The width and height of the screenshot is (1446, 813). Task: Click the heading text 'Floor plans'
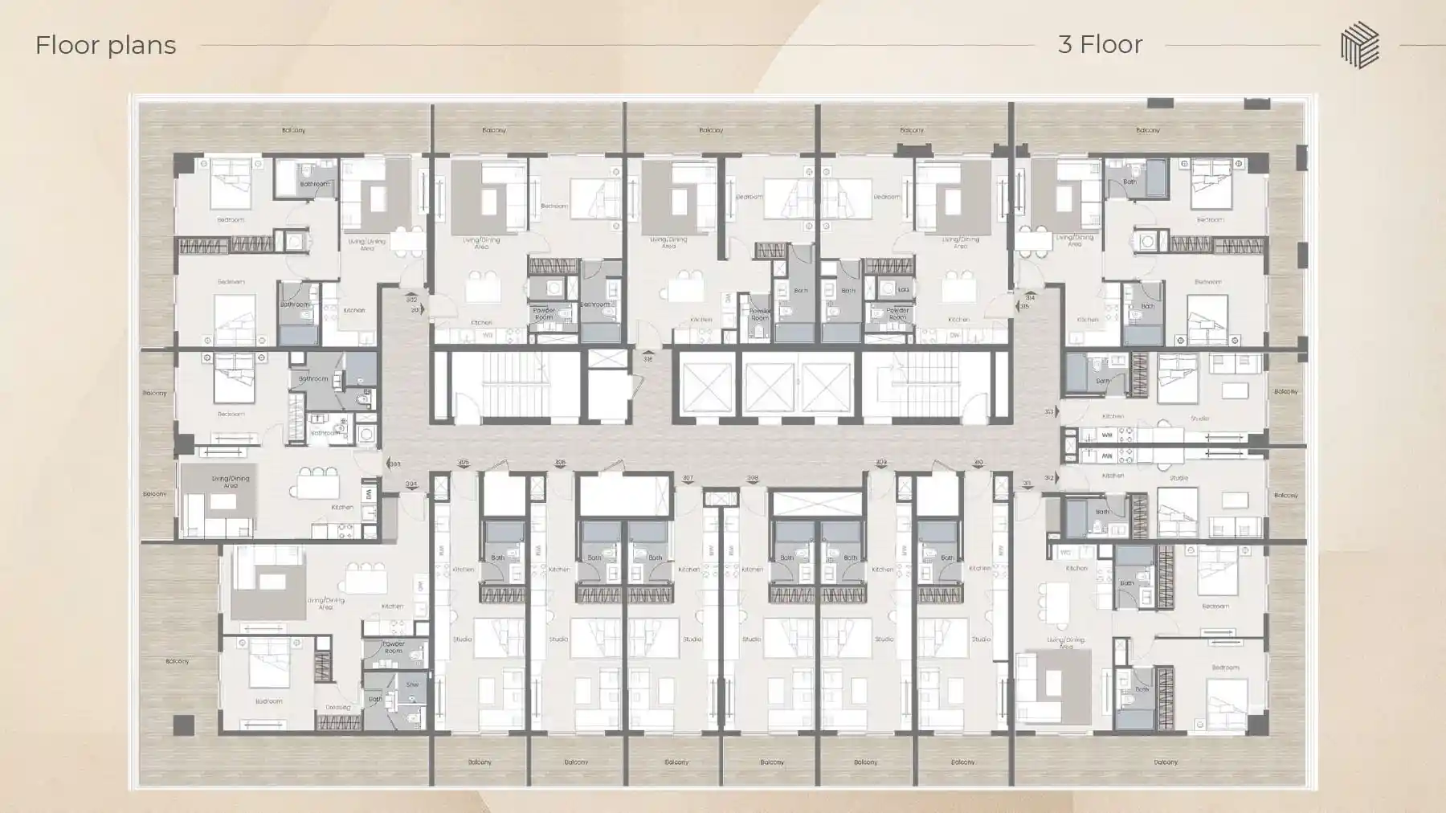point(105,45)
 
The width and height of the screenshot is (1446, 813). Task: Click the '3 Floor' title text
point(1100,44)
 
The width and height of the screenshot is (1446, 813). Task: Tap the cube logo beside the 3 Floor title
point(1359,45)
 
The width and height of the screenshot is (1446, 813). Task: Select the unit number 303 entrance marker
point(394,464)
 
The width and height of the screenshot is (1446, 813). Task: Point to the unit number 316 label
point(647,359)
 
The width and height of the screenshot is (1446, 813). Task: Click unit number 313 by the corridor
point(1049,412)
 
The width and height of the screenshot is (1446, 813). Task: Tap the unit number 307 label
point(688,479)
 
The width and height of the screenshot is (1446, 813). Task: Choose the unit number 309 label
point(881,463)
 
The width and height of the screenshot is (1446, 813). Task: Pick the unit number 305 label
point(464,463)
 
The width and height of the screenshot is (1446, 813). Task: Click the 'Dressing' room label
point(337,708)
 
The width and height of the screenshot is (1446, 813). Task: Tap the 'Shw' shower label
point(412,685)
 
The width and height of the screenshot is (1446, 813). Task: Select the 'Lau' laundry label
point(903,289)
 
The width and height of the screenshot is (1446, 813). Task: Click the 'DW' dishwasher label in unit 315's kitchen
point(954,335)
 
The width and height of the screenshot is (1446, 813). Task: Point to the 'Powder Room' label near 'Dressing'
point(394,647)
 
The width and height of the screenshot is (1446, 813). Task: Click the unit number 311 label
point(1027,484)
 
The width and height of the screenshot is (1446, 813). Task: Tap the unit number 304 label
point(411,484)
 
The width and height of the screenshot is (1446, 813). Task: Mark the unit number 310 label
point(978,463)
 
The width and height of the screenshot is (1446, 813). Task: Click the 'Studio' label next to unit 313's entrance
point(1199,419)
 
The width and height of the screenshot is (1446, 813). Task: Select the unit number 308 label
point(752,479)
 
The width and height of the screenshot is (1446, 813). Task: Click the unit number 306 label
point(560,463)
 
